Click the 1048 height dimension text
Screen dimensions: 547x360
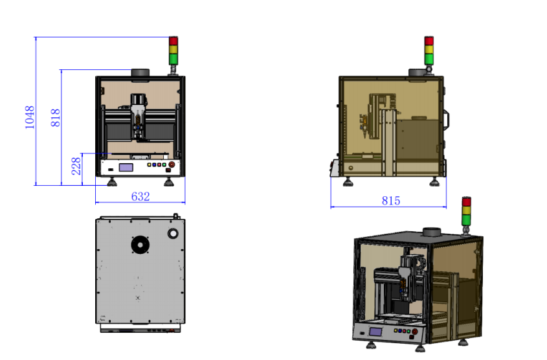pos(30,117)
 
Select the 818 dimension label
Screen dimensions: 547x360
pos(56,118)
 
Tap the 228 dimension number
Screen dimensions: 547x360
pos(76,166)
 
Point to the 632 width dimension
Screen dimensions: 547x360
pos(140,196)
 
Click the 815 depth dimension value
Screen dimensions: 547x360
pos(391,201)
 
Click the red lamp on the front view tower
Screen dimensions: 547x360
pos(173,40)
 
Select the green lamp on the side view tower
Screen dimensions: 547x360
pos(429,59)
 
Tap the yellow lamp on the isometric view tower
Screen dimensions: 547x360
pos(467,210)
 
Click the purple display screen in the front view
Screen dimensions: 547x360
pos(126,168)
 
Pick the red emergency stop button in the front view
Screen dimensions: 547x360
pos(172,164)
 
